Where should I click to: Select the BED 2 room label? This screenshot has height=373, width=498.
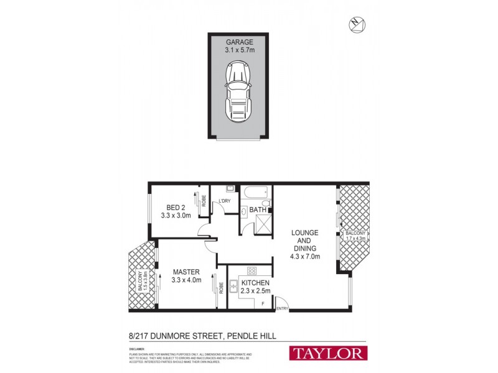(176, 208)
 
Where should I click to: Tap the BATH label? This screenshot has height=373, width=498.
(258, 210)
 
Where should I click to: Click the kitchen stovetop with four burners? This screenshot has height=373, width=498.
(253, 270)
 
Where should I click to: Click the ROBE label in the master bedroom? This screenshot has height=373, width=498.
(222, 288)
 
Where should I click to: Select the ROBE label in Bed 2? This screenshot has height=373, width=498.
(204, 201)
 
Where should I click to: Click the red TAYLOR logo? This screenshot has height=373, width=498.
(327, 353)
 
